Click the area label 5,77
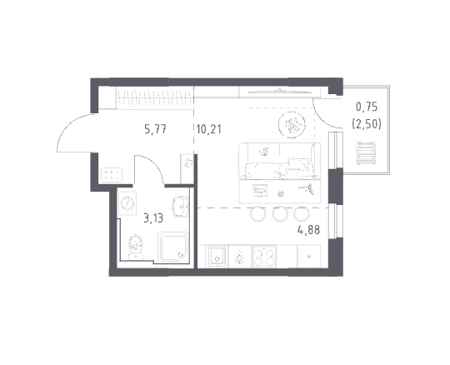pos(155,129)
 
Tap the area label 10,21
pos(209,129)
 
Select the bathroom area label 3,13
pos(153,218)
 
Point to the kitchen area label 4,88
pos(309,230)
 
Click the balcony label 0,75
pos(367,107)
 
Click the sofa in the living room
pos(279,161)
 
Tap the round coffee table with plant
pos(292,124)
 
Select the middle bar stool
pos(280,214)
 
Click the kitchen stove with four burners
pos(264,256)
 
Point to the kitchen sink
pos(217,256)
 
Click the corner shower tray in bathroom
pos(172,247)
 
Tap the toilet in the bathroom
pos(136,247)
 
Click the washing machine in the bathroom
pos(127,203)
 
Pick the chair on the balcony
pos(366,153)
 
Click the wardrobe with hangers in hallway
pos(154,98)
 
